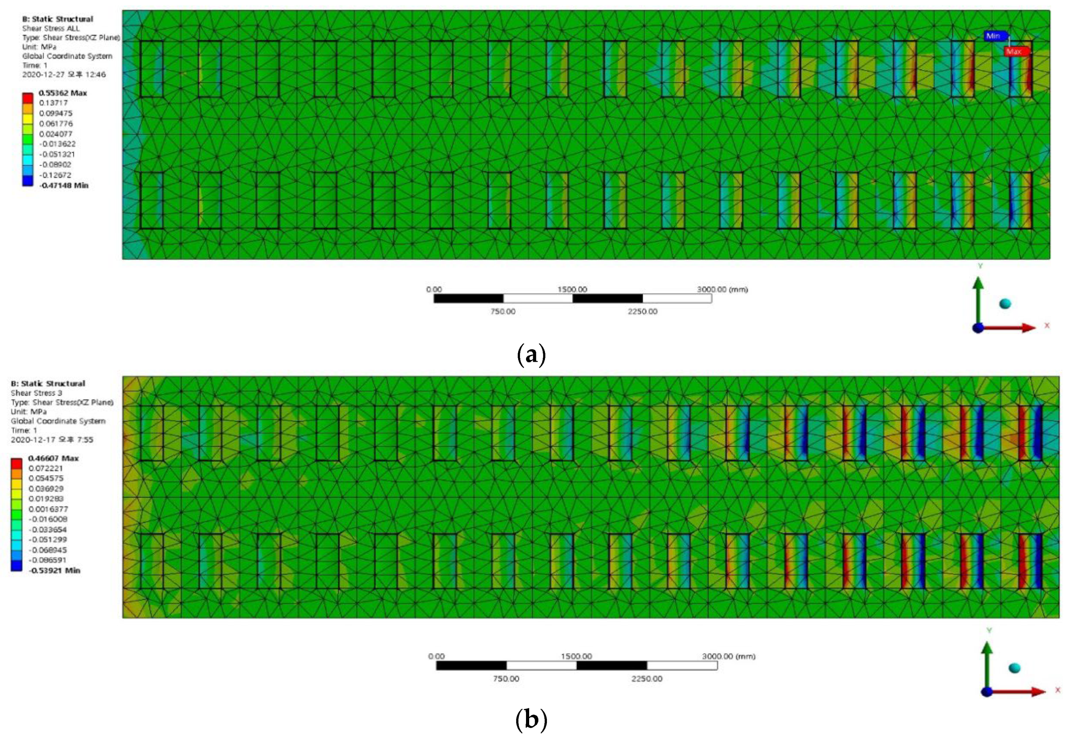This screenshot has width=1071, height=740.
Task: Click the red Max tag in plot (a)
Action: [x=1014, y=51]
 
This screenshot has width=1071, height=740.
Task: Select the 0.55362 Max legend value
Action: [x=63, y=93]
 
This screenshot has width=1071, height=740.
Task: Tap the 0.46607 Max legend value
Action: [x=53, y=458]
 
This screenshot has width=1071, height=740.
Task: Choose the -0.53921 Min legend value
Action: [x=54, y=570]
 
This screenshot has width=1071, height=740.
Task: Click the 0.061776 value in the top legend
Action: [x=56, y=123]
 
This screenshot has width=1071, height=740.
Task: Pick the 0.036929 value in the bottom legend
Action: [x=46, y=489]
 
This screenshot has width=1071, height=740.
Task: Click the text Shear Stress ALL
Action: [x=51, y=28]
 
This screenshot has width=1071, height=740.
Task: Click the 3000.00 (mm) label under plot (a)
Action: [x=722, y=289]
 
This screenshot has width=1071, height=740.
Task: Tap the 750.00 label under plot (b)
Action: [x=506, y=679]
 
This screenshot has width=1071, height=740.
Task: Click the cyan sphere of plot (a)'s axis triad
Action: [x=1005, y=304]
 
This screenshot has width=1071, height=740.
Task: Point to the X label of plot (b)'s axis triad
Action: [x=1058, y=690]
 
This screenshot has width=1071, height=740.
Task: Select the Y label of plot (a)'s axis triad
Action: [x=980, y=266]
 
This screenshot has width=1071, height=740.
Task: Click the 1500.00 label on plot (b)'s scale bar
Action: [x=576, y=656]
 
